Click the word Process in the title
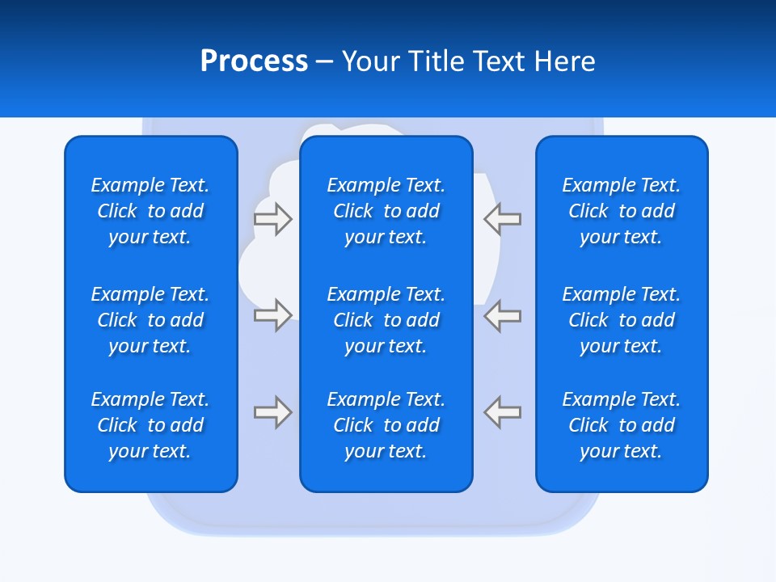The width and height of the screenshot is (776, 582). [x=254, y=61]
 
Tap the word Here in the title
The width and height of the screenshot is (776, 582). [x=565, y=61]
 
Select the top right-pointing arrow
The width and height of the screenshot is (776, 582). [x=273, y=219]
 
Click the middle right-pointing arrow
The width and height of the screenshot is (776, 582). [x=273, y=315]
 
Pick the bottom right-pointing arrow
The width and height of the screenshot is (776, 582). [x=273, y=411]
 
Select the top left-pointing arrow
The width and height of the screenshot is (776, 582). [x=502, y=219]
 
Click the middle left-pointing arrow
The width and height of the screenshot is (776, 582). [x=502, y=315]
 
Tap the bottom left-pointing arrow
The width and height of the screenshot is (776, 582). [x=502, y=411]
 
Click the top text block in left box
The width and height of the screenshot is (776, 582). [x=150, y=211]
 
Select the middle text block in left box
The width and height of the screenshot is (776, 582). [x=150, y=320]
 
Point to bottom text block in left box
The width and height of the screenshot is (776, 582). [x=150, y=425]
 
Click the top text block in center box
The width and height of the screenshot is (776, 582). [x=386, y=211]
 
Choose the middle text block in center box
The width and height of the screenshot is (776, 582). [x=386, y=320]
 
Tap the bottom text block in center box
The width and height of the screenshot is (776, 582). [x=386, y=425]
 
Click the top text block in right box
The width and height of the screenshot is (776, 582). [x=621, y=211]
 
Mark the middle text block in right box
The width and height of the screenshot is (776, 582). [x=621, y=320]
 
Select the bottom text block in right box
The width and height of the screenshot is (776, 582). [x=621, y=425]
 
